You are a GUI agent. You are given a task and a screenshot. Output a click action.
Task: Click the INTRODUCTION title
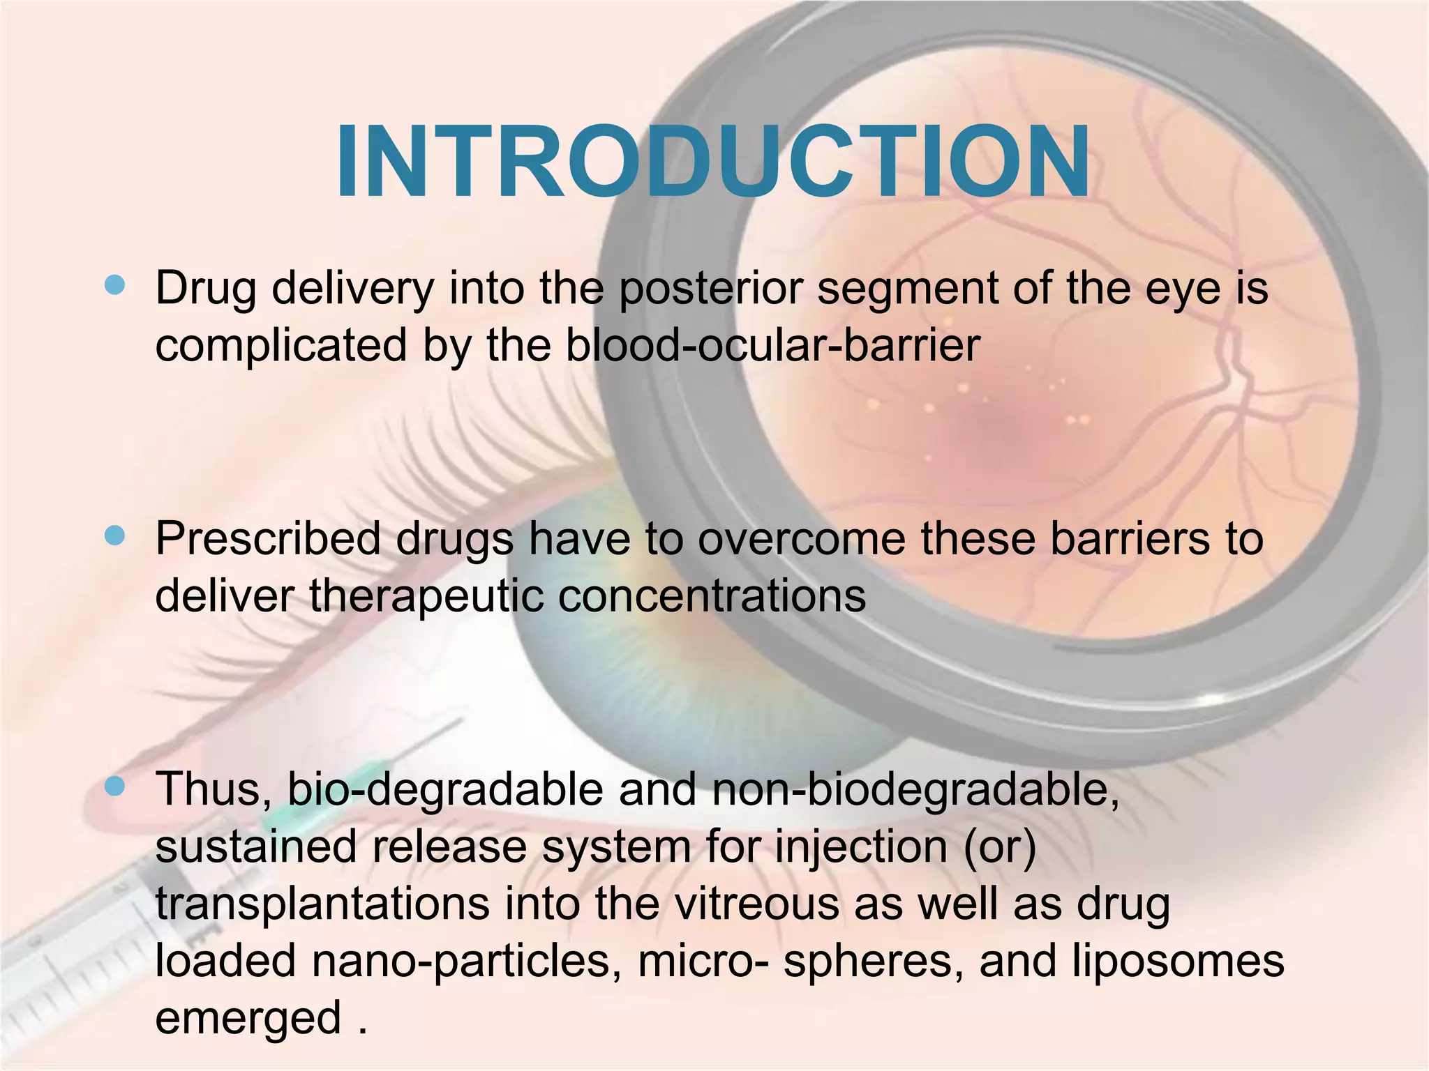(x=713, y=162)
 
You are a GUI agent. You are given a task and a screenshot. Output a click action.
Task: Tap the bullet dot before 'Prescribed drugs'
(x=114, y=535)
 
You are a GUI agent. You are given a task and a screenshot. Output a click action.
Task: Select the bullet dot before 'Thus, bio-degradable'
(x=114, y=787)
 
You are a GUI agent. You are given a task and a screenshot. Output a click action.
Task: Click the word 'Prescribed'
(x=269, y=539)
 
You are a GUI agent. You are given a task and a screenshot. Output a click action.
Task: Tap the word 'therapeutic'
(x=426, y=596)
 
